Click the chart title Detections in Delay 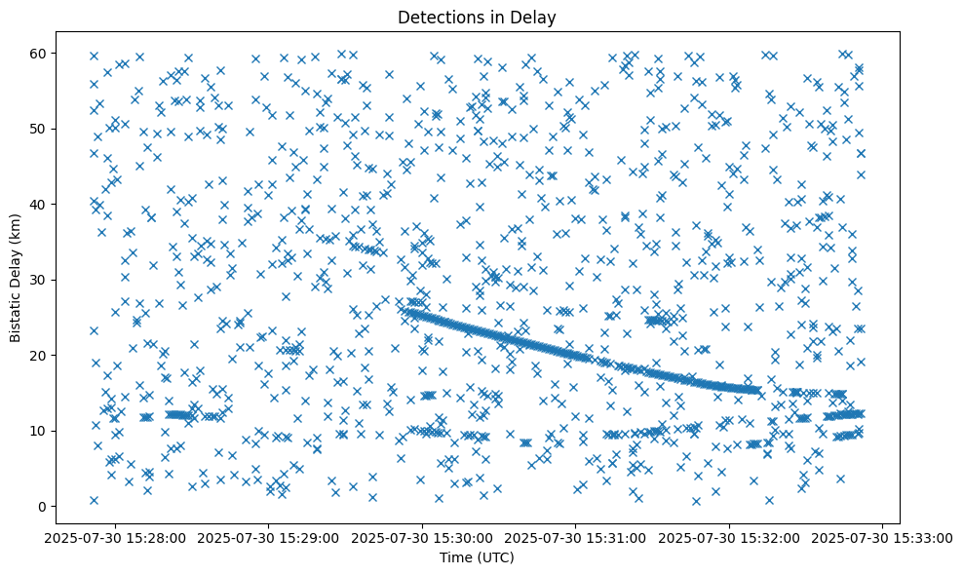(x=477, y=17)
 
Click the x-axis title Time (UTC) (x=477, y=558)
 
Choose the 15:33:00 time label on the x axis (x=883, y=537)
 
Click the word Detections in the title (x=436, y=17)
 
